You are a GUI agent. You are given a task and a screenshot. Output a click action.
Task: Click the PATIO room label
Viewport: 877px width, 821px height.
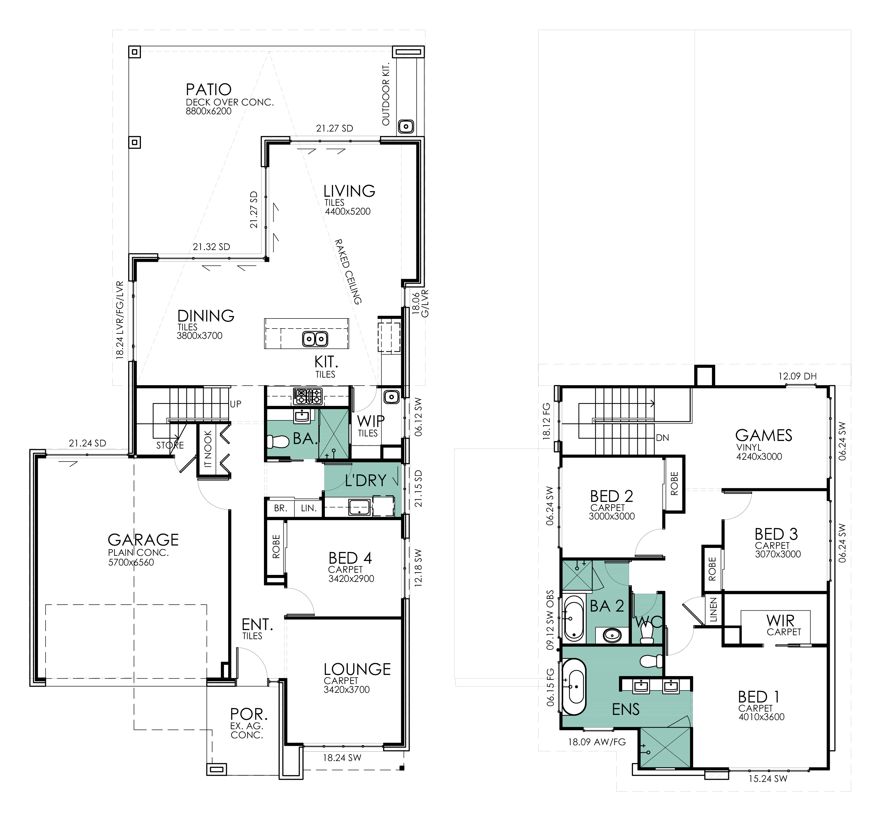pos(209,90)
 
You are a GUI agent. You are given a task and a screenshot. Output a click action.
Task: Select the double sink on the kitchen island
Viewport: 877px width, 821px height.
pos(315,339)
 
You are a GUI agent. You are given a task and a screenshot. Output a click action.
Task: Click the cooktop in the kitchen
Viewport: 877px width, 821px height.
pos(308,396)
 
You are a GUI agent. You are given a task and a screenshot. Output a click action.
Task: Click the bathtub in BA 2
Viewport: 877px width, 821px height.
pos(574,618)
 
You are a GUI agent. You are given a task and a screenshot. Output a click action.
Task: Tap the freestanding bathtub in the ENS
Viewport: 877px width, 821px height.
pos(574,687)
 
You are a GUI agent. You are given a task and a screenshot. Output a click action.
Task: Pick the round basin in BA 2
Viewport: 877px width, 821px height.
pos(612,635)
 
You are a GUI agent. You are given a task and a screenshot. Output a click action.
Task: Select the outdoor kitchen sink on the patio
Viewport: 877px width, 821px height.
pos(406,127)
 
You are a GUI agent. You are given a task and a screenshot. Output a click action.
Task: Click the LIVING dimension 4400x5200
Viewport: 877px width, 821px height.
pos(348,211)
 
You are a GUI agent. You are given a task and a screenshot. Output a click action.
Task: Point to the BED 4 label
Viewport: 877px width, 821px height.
pos(350,558)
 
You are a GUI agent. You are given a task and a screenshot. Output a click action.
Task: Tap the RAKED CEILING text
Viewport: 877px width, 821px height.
pos(348,272)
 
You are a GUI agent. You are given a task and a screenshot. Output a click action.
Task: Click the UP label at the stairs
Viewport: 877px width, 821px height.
pos(235,404)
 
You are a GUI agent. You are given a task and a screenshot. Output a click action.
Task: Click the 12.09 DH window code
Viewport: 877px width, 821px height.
pos(797,376)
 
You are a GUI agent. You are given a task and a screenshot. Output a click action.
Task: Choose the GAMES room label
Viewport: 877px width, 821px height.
pos(764,436)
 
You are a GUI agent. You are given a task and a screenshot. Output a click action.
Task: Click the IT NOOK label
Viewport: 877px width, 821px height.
pos(208,449)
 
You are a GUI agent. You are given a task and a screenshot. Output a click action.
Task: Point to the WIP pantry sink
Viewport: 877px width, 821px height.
pos(391,397)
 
